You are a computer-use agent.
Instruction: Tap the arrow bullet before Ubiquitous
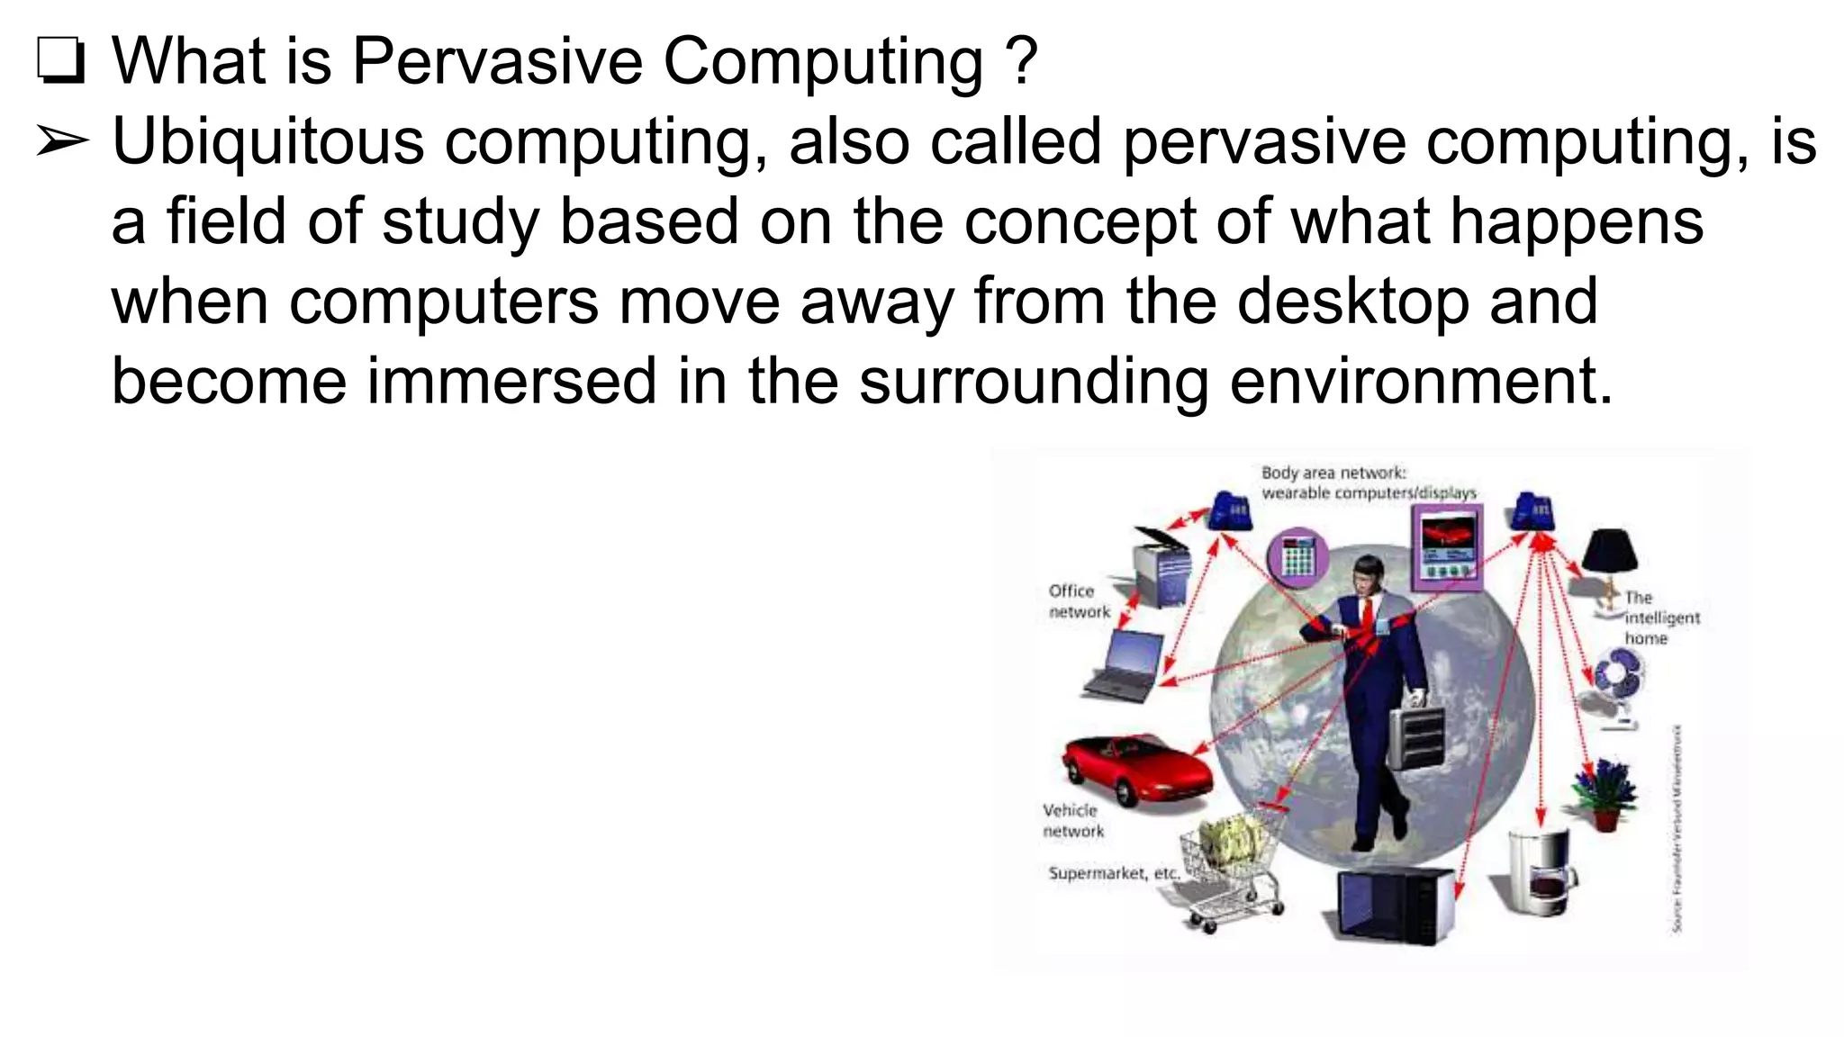click(x=62, y=142)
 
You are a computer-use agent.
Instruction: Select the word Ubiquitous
click(x=267, y=142)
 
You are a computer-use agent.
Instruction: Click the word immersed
click(x=511, y=380)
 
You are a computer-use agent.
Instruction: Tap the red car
click(x=1135, y=771)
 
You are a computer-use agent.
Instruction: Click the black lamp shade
click(x=1611, y=551)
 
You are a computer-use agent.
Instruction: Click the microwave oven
click(x=1391, y=905)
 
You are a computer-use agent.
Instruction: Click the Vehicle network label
click(x=1071, y=820)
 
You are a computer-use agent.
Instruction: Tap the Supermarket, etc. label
click(x=1113, y=873)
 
